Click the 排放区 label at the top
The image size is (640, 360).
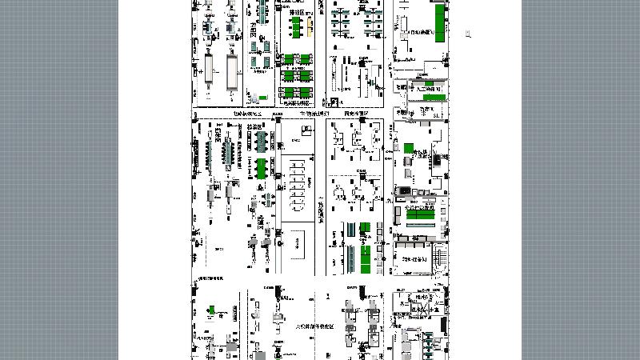pos(297,13)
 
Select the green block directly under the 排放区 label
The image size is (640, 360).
pos(296,31)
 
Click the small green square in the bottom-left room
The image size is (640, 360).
pos(212,310)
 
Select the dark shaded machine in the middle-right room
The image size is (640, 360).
pos(405,190)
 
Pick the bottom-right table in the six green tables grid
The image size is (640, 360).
pos(305,92)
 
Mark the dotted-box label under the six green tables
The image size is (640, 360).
pos(296,103)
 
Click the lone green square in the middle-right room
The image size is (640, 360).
pos(408,148)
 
